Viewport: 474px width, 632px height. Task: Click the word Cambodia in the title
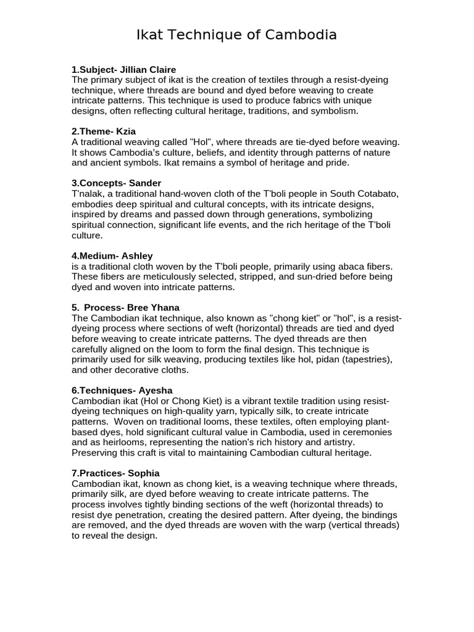pos(301,35)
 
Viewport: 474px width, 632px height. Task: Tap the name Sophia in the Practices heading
pos(143,473)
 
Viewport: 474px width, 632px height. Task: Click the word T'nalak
pos(89,194)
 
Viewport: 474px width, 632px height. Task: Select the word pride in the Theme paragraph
pos(335,163)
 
